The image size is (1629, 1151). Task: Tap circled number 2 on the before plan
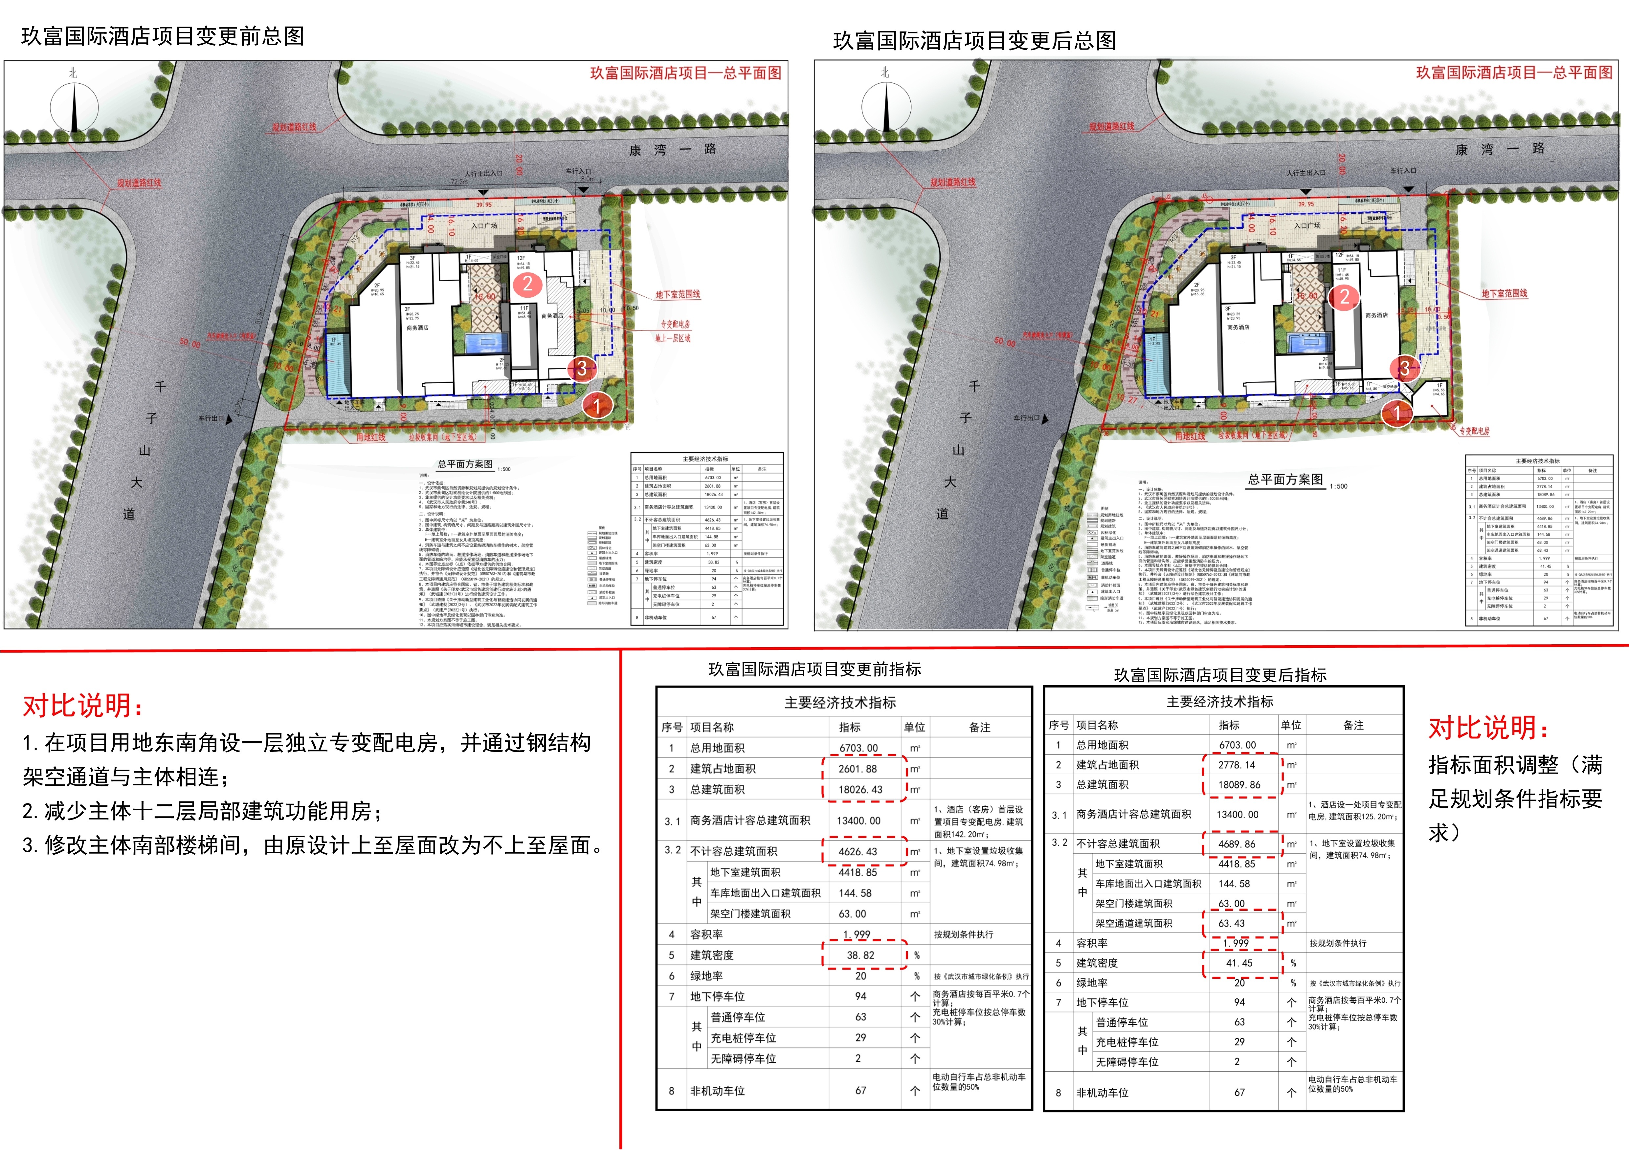pyautogui.click(x=527, y=284)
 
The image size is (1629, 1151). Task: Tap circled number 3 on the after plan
pyautogui.click(x=1404, y=367)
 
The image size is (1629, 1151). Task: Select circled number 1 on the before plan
pyautogui.click(x=597, y=406)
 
